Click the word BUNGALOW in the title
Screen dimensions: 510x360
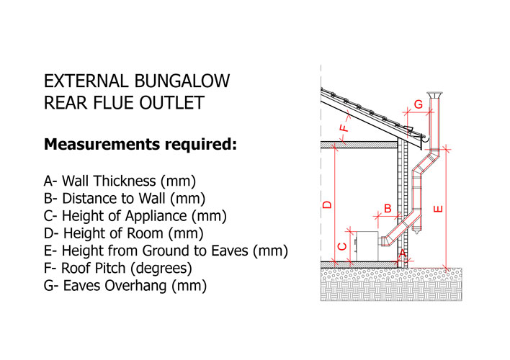[x=182, y=81]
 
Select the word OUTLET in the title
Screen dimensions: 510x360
[x=171, y=103]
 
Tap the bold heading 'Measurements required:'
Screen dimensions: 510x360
[x=140, y=144]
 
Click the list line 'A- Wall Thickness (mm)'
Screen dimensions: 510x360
[x=120, y=181]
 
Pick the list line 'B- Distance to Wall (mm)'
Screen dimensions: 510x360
[x=125, y=199]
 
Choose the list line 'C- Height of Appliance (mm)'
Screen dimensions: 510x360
[x=135, y=216]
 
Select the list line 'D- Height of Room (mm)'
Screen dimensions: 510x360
[x=124, y=233]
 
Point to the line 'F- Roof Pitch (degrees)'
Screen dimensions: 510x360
[x=118, y=269]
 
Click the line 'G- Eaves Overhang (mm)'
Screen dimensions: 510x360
[x=125, y=286]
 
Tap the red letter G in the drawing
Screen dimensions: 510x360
[x=419, y=104]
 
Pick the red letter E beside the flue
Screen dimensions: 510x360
[x=438, y=209]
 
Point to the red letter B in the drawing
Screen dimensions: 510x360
[x=388, y=208]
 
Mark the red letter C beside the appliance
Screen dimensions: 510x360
[x=342, y=246]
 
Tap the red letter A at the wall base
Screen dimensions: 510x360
[x=403, y=253]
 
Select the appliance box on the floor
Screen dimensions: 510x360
[x=367, y=246]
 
